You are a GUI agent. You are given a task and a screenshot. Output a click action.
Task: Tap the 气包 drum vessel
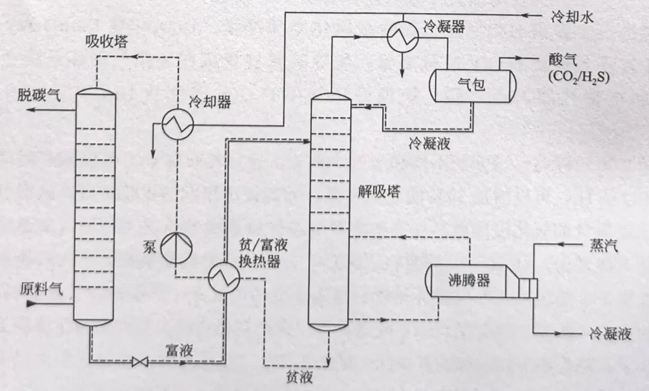[472, 85]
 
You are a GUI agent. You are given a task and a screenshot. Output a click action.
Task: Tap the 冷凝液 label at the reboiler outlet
[611, 334]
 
